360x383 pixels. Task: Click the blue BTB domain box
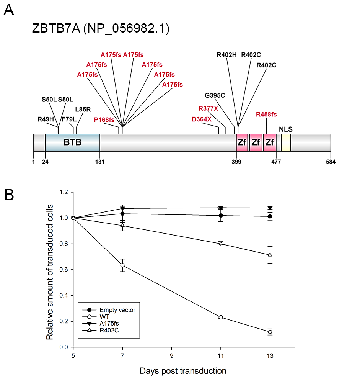point(72,142)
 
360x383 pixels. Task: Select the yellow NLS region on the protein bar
point(286,142)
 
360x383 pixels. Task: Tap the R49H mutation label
point(46,119)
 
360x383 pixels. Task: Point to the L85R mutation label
point(83,109)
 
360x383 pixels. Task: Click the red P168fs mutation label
point(104,120)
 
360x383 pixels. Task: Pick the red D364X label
point(202,119)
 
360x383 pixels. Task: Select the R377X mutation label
point(208,108)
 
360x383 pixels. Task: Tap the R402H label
point(226,55)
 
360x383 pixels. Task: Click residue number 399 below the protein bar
point(236,162)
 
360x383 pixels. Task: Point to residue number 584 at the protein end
point(331,162)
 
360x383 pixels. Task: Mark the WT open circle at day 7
point(122,265)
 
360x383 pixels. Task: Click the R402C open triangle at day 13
point(270,255)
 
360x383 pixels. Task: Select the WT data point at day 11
point(221,317)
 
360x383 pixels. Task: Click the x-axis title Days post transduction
point(183,371)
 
